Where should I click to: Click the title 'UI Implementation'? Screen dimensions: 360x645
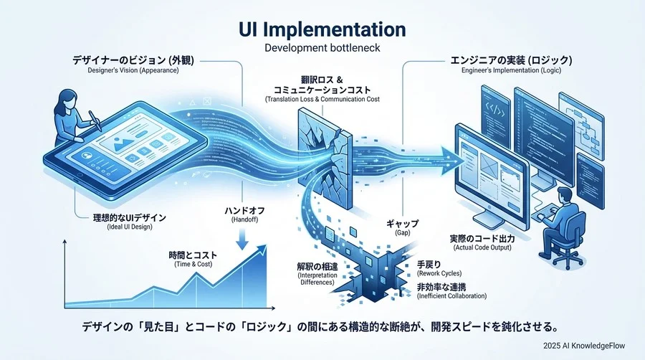click(x=322, y=30)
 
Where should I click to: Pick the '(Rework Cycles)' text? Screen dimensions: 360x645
click(x=439, y=273)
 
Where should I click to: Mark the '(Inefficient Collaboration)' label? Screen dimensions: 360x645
click(x=451, y=296)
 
